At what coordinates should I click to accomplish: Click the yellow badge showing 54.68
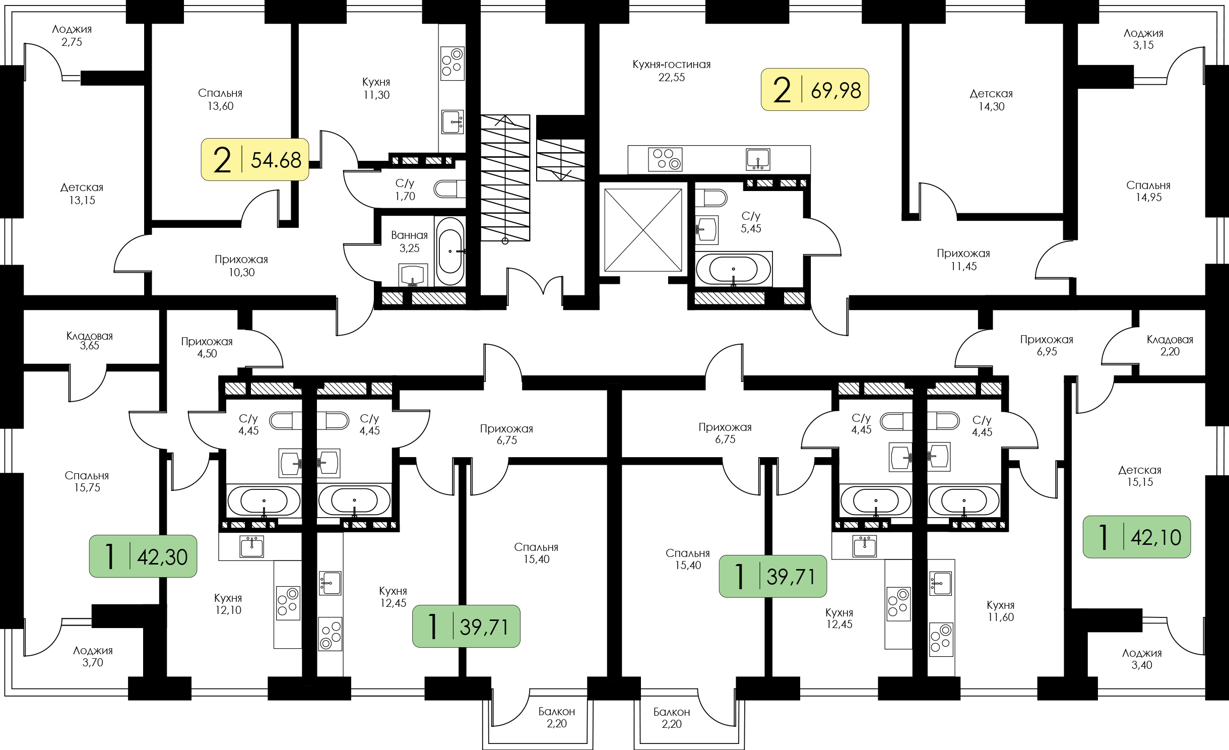255,159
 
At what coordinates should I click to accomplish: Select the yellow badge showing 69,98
815,89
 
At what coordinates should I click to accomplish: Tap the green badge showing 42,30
143,556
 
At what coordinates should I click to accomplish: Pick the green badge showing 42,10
1137,537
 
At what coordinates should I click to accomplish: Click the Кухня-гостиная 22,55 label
672,71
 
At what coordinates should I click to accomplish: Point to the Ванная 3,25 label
409,241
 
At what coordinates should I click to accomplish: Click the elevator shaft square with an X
643,230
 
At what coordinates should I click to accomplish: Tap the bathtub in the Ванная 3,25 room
449,251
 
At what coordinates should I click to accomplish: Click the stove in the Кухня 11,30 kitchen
452,64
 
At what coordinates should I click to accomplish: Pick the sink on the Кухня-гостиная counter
758,159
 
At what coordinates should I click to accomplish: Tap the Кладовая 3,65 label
90,341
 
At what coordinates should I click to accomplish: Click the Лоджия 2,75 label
72,35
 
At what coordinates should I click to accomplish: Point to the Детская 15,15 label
1140,476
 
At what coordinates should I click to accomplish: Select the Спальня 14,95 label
1148,191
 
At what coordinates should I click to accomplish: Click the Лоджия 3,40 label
1142,659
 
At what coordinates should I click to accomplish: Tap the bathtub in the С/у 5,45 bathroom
733,269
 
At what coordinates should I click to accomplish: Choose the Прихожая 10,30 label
241,266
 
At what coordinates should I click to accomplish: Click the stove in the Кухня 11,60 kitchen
941,640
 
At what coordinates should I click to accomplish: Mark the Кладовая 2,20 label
1170,345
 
